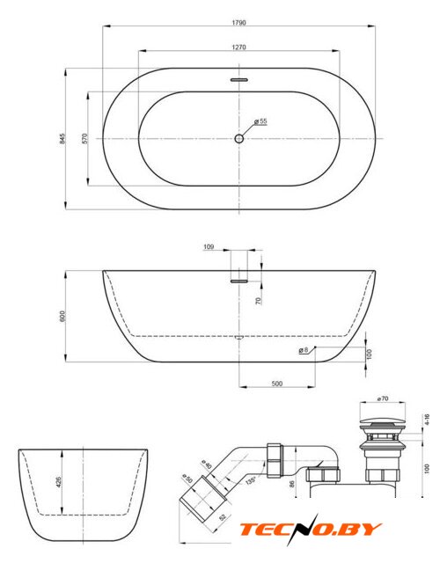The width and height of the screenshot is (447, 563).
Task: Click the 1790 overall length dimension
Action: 238,23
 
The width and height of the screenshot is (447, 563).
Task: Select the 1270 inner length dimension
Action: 238,47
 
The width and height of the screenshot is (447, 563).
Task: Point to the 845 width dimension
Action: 62,139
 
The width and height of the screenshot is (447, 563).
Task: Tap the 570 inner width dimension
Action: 84,139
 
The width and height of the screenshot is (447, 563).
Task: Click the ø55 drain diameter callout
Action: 260,121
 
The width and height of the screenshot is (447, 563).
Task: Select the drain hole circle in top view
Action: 238,138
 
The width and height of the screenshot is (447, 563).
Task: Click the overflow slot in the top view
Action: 239,80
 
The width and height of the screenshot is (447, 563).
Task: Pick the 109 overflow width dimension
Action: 209,246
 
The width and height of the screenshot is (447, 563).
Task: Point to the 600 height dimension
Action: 62,316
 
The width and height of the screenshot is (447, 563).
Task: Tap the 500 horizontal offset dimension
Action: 277,384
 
